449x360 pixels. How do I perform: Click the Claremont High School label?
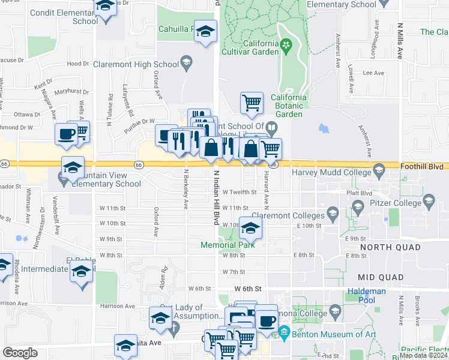[x=142, y=64]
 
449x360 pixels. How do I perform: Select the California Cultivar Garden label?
[x=261, y=47]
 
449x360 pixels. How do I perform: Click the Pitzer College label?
[x=394, y=204]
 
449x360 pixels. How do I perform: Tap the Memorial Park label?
[x=228, y=245]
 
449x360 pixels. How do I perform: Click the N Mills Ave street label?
[x=400, y=41]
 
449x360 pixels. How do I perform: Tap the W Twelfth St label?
[x=240, y=193]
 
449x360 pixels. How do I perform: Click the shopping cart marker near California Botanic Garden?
[x=252, y=102]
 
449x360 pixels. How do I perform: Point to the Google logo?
[x=20, y=353]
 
